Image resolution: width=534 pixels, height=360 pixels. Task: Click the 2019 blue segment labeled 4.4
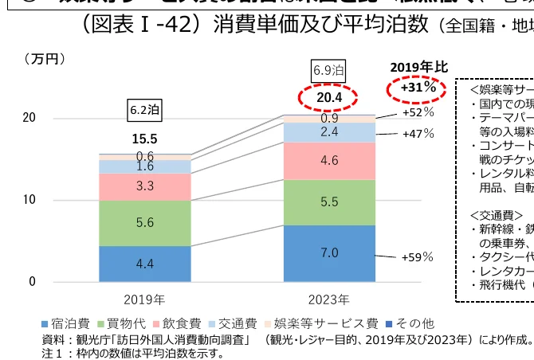(145, 264)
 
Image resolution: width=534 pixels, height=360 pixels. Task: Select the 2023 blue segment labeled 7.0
(330, 253)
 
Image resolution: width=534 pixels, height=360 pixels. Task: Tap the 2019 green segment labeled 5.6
(145, 223)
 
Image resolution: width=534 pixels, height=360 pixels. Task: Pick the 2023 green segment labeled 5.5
(330, 202)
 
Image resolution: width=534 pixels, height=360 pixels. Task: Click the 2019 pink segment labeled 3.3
(145, 186)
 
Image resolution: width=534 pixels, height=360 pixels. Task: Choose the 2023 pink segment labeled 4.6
(330, 161)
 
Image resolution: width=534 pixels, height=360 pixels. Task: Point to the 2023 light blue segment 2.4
(330, 132)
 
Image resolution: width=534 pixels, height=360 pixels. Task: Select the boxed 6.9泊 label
(329, 69)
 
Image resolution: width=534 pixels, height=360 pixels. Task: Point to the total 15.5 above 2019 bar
(145, 139)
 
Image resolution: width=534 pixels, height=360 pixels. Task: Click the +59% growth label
(417, 257)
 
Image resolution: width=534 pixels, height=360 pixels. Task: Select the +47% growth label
(418, 134)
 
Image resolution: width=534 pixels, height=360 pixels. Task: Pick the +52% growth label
(418, 112)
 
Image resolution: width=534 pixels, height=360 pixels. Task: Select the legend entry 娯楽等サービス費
(326, 323)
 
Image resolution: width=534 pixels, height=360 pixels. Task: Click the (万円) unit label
(43, 58)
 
